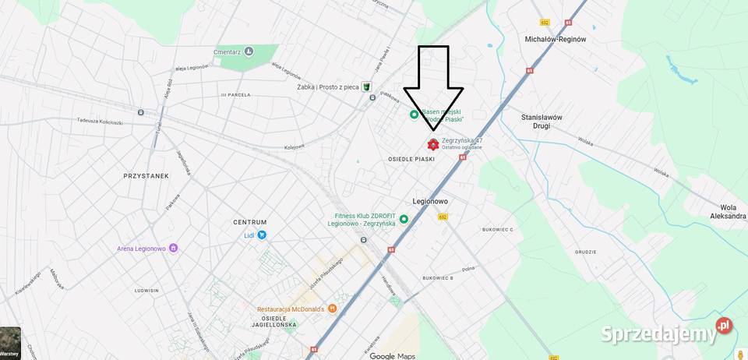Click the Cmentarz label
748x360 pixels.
(227, 52)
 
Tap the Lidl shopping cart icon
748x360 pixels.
(262, 235)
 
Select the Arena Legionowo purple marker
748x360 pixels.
(173, 249)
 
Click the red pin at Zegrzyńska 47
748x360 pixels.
(433, 144)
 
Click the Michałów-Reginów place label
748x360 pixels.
(556, 39)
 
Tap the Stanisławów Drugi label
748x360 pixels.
(542, 121)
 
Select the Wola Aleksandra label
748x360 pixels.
(728, 212)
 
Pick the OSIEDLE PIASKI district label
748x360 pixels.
(411, 159)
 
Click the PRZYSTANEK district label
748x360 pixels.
(146, 176)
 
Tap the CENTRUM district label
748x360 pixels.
(250, 222)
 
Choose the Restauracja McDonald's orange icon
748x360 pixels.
(333, 309)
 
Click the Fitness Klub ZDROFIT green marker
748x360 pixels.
(404, 219)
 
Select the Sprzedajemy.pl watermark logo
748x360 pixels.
(666, 332)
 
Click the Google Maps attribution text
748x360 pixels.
(392, 356)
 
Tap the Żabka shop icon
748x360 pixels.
(365, 86)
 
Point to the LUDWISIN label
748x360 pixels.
(146, 290)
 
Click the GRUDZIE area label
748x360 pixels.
(585, 252)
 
